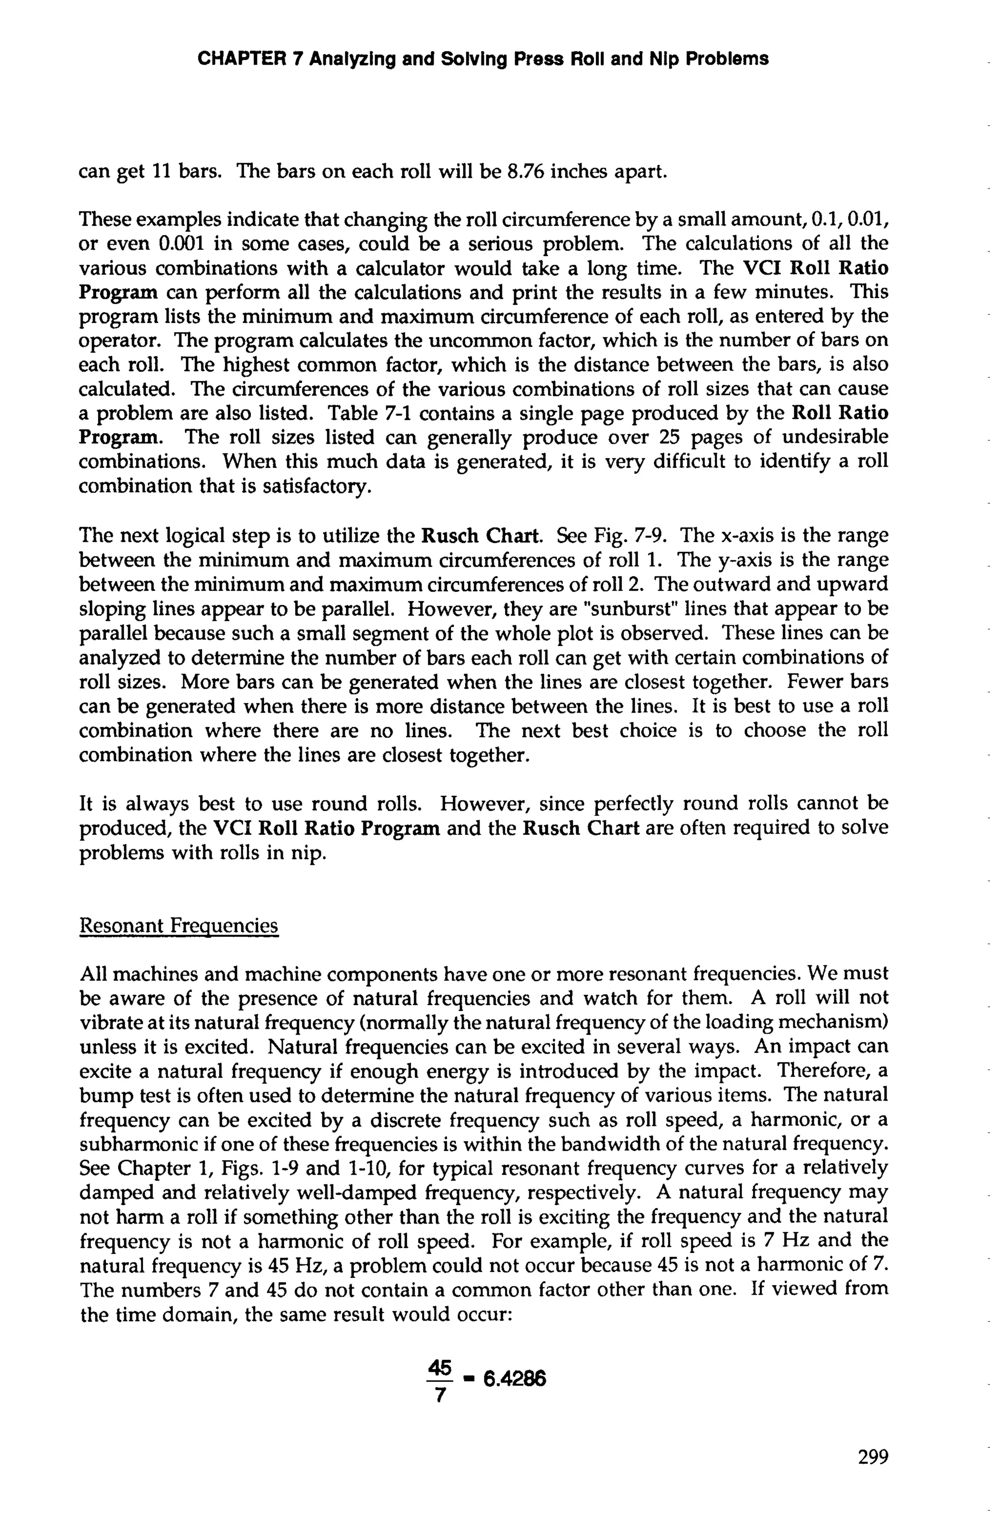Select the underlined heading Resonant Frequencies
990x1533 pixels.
[179, 926]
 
